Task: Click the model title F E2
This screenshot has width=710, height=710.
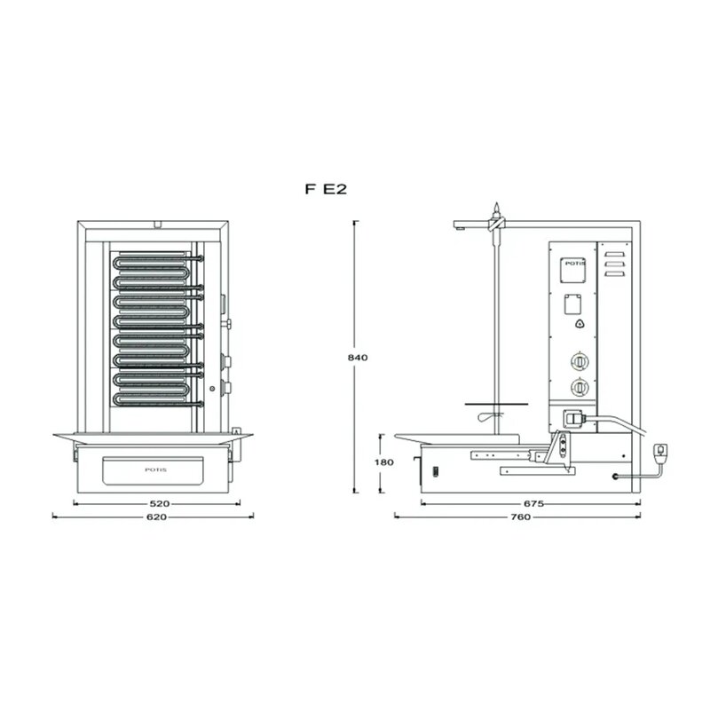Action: click(326, 189)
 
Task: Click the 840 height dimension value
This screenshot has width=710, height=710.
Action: click(358, 358)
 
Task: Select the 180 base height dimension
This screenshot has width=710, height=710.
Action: click(384, 462)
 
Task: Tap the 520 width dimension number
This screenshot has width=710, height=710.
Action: click(160, 503)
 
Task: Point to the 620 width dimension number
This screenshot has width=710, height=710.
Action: click(156, 517)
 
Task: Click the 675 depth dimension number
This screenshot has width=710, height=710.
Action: click(533, 503)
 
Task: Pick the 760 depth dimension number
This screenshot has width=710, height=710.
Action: click(520, 517)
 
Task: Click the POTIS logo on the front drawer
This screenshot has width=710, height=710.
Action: click(156, 469)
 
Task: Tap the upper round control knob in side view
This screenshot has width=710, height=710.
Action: click(580, 362)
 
